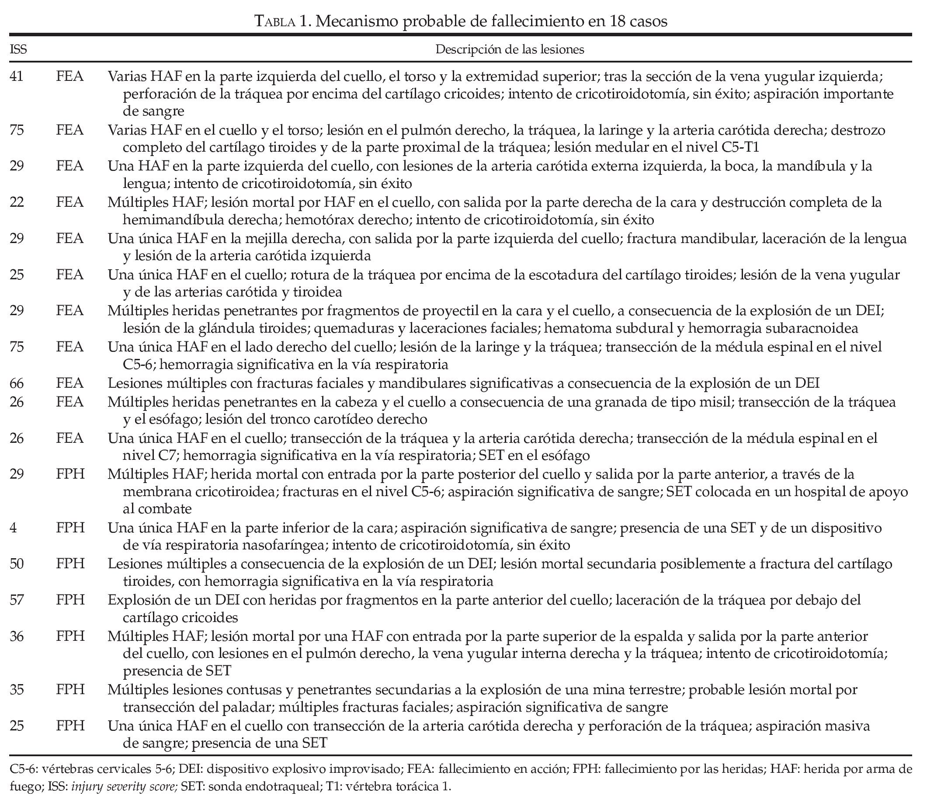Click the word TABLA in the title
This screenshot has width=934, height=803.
274,21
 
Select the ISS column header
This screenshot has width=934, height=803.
18,49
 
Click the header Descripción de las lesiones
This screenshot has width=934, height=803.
509,49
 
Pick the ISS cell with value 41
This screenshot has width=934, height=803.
17,76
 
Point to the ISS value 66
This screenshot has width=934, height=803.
17,383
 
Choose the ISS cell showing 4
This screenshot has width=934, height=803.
13,528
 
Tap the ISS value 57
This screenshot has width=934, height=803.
17,600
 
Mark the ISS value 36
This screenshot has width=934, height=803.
17,636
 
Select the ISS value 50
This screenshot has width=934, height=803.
17,563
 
